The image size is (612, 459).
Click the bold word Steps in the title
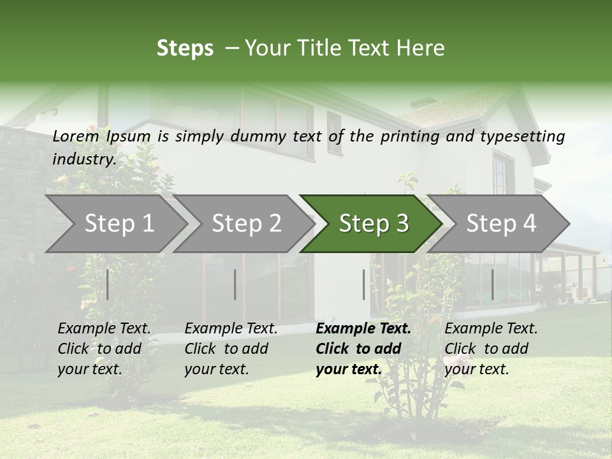click(185, 48)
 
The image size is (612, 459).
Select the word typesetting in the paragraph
click(521, 136)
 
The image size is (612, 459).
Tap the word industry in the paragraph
click(84, 159)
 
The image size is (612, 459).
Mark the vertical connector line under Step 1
click(108, 284)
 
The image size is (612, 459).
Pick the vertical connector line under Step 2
click(235, 284)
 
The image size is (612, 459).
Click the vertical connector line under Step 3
click(364, 284)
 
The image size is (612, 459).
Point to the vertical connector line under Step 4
click(492, 284)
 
